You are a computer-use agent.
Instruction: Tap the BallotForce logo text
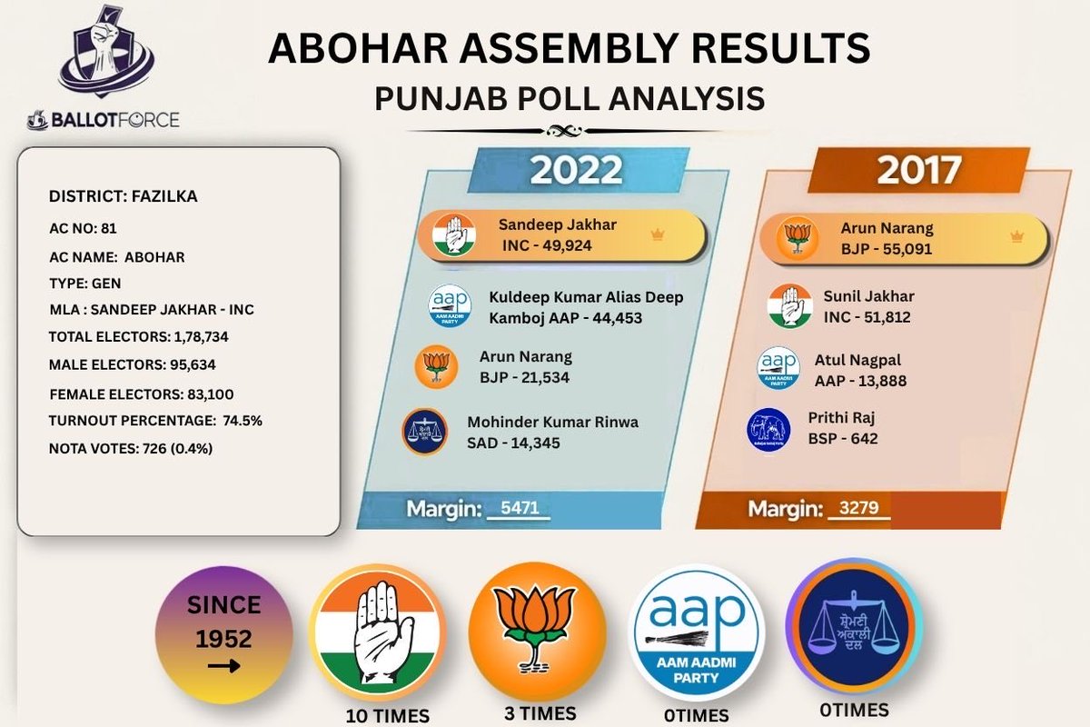[104, 120]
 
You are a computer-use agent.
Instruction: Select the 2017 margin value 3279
[859, 508]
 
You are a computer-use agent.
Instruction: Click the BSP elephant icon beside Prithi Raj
[768, 431]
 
